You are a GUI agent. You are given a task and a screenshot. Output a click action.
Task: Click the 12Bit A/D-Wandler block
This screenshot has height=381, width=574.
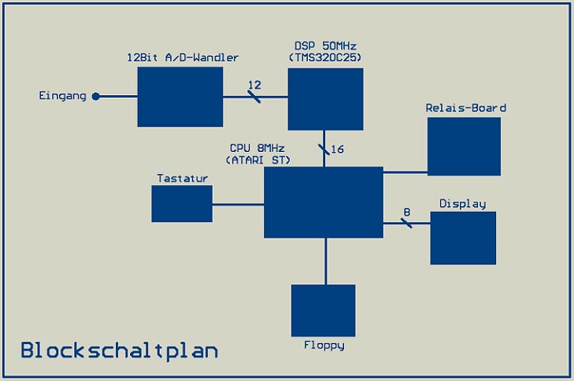point(180,97)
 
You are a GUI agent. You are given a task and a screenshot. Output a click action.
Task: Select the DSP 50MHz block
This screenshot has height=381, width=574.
point(325,98)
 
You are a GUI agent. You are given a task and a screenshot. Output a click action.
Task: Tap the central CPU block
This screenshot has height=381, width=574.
point(324,202)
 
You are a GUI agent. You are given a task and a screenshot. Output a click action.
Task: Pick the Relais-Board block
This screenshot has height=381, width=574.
point(464,146)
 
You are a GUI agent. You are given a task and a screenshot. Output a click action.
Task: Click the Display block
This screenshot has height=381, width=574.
point(463,238)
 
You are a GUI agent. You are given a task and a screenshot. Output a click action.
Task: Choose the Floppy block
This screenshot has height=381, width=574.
point(323,310)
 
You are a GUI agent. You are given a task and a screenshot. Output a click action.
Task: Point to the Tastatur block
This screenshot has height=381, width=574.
point(182,204)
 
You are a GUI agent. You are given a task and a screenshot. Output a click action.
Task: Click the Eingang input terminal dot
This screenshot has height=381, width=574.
point(96,97)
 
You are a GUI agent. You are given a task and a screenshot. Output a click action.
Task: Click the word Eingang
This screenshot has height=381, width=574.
point(62,96)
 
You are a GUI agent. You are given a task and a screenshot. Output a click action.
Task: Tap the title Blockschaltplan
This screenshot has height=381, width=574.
point(119,350)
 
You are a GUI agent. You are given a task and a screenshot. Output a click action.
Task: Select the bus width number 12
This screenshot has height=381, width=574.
point(254,85)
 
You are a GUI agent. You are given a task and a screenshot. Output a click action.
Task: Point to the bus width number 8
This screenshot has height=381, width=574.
point(406,212)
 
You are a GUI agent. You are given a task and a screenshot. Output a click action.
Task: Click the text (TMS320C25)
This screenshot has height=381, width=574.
point(325,58)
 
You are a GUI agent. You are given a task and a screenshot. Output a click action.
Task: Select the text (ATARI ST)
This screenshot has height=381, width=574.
point(257,160)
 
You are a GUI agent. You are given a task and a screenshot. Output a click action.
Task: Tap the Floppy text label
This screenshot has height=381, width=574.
point(324,345)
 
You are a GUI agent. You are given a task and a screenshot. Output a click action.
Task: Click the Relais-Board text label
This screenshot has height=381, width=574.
point(465,108)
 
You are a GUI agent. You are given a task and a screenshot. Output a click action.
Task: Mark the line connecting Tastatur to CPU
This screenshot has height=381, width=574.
point(238,205)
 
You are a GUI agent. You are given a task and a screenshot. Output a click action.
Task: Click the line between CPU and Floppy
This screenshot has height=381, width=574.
point(325,261)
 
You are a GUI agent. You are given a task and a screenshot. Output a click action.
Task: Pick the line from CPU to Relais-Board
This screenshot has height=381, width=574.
point(405,172)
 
